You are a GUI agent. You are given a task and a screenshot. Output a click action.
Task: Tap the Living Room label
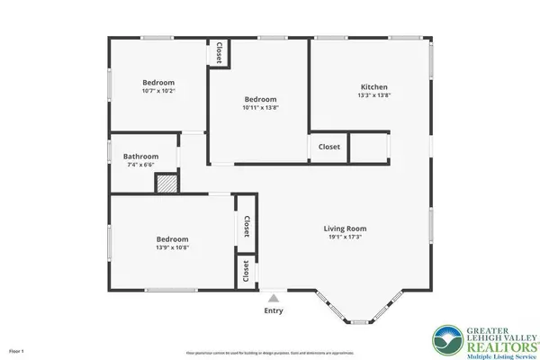(x=346, y=229)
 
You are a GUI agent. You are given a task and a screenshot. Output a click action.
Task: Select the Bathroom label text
(x=140, y=156)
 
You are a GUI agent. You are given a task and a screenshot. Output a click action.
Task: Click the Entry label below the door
(x=273, y=310)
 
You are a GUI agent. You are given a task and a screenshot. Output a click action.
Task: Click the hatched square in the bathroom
(x=166, y=183)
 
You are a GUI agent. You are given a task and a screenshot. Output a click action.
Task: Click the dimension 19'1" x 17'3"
(x=346, y=238)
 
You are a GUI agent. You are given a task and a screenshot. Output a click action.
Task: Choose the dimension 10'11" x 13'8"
(x=260, y=108)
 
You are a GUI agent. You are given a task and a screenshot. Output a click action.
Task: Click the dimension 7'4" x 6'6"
(x=140, y=165)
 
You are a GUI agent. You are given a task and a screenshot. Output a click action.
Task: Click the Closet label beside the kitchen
(x=329, y=147)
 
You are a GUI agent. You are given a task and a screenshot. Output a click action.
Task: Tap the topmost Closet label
(x=217, y=52)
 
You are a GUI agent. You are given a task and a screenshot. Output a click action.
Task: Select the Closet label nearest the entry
(x=243, y=270)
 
